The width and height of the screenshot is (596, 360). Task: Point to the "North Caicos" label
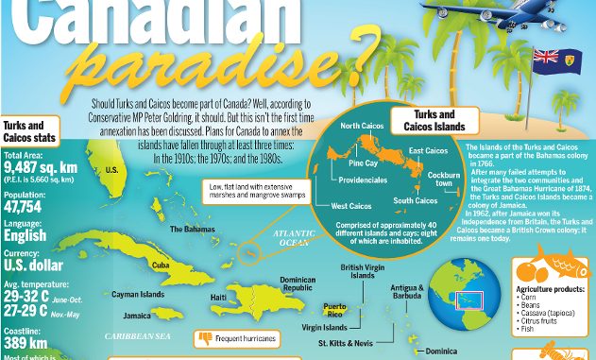361,126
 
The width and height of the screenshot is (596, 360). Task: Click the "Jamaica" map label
137,316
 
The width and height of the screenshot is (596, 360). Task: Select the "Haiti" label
218,298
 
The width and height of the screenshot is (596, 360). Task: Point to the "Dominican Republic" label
297,283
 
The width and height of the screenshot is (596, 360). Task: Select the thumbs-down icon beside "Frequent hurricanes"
204,336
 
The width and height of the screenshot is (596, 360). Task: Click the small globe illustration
460,292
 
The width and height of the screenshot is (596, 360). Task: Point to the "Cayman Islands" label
139,294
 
